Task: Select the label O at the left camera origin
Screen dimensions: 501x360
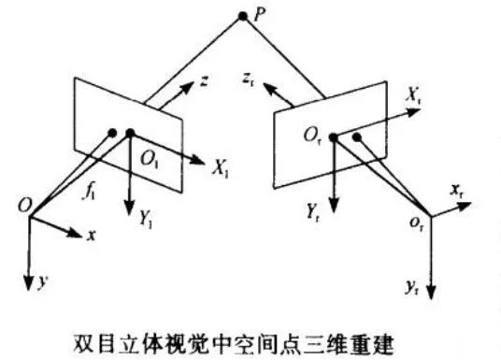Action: [19, 205]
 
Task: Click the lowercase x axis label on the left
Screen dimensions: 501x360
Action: [92, 238]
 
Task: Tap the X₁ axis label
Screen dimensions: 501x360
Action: [222, 170]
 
